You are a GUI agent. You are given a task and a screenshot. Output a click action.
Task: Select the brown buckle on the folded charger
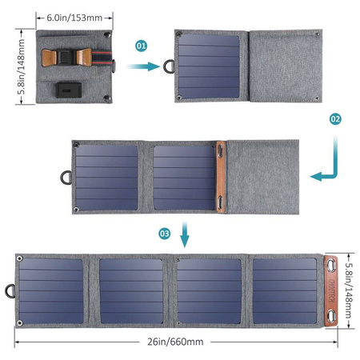[67, 58]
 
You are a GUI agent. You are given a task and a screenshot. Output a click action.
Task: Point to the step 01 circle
[142, 46]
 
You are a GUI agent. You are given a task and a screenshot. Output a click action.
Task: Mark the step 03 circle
[165, 234]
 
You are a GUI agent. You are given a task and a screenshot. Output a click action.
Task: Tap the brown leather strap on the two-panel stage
[222, 175]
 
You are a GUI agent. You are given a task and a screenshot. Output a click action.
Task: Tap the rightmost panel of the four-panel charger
[286, 290]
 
